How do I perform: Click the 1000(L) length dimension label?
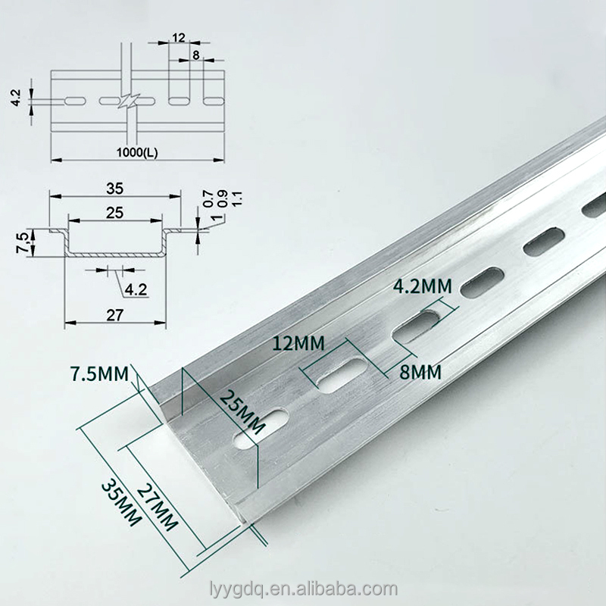tap(137, 151)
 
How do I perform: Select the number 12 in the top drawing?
tap(179, 38)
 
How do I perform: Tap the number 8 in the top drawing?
tap(195, 55)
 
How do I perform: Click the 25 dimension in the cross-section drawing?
tap(115, 213)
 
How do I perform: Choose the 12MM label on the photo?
tap(300, 342)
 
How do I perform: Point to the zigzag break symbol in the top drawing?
tap(129, 100)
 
